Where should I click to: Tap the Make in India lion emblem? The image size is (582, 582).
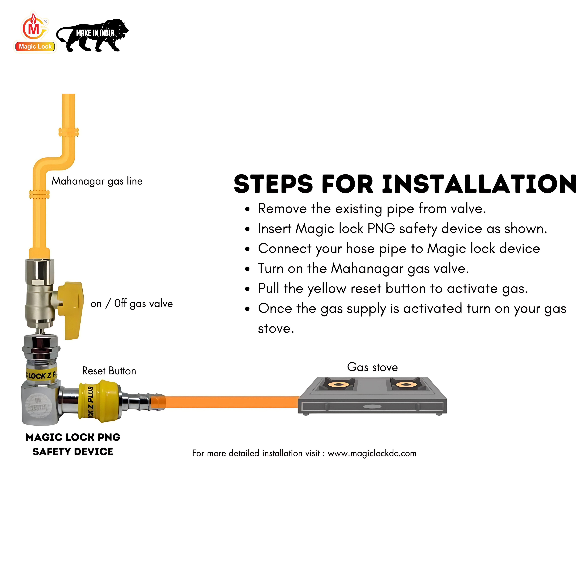tap(93, 35)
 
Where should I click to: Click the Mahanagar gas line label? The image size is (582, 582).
tap(97, 181)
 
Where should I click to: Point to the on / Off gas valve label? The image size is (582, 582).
tap(132, 304)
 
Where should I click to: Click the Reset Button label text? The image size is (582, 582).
tap(109, 371)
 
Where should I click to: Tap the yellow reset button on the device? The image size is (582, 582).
tap(99, 400)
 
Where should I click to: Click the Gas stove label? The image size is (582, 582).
tap(372, 367)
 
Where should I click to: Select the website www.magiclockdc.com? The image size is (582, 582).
tap(372, 453)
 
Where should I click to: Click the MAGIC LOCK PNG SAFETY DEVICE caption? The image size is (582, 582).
tap(73, 444)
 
